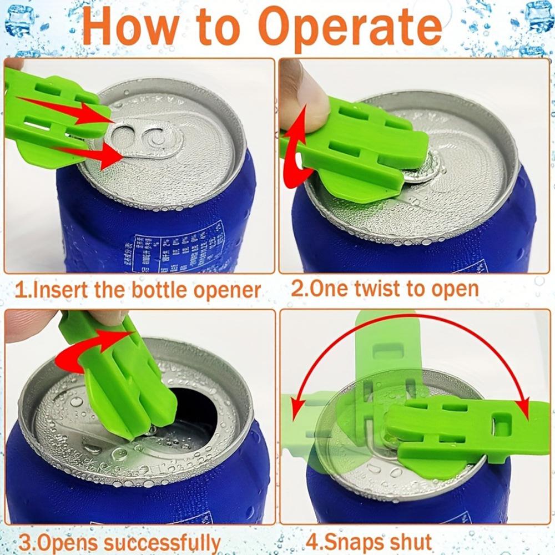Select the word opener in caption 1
(228, 291)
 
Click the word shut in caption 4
(410, 541)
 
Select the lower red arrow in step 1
(89, 155)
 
